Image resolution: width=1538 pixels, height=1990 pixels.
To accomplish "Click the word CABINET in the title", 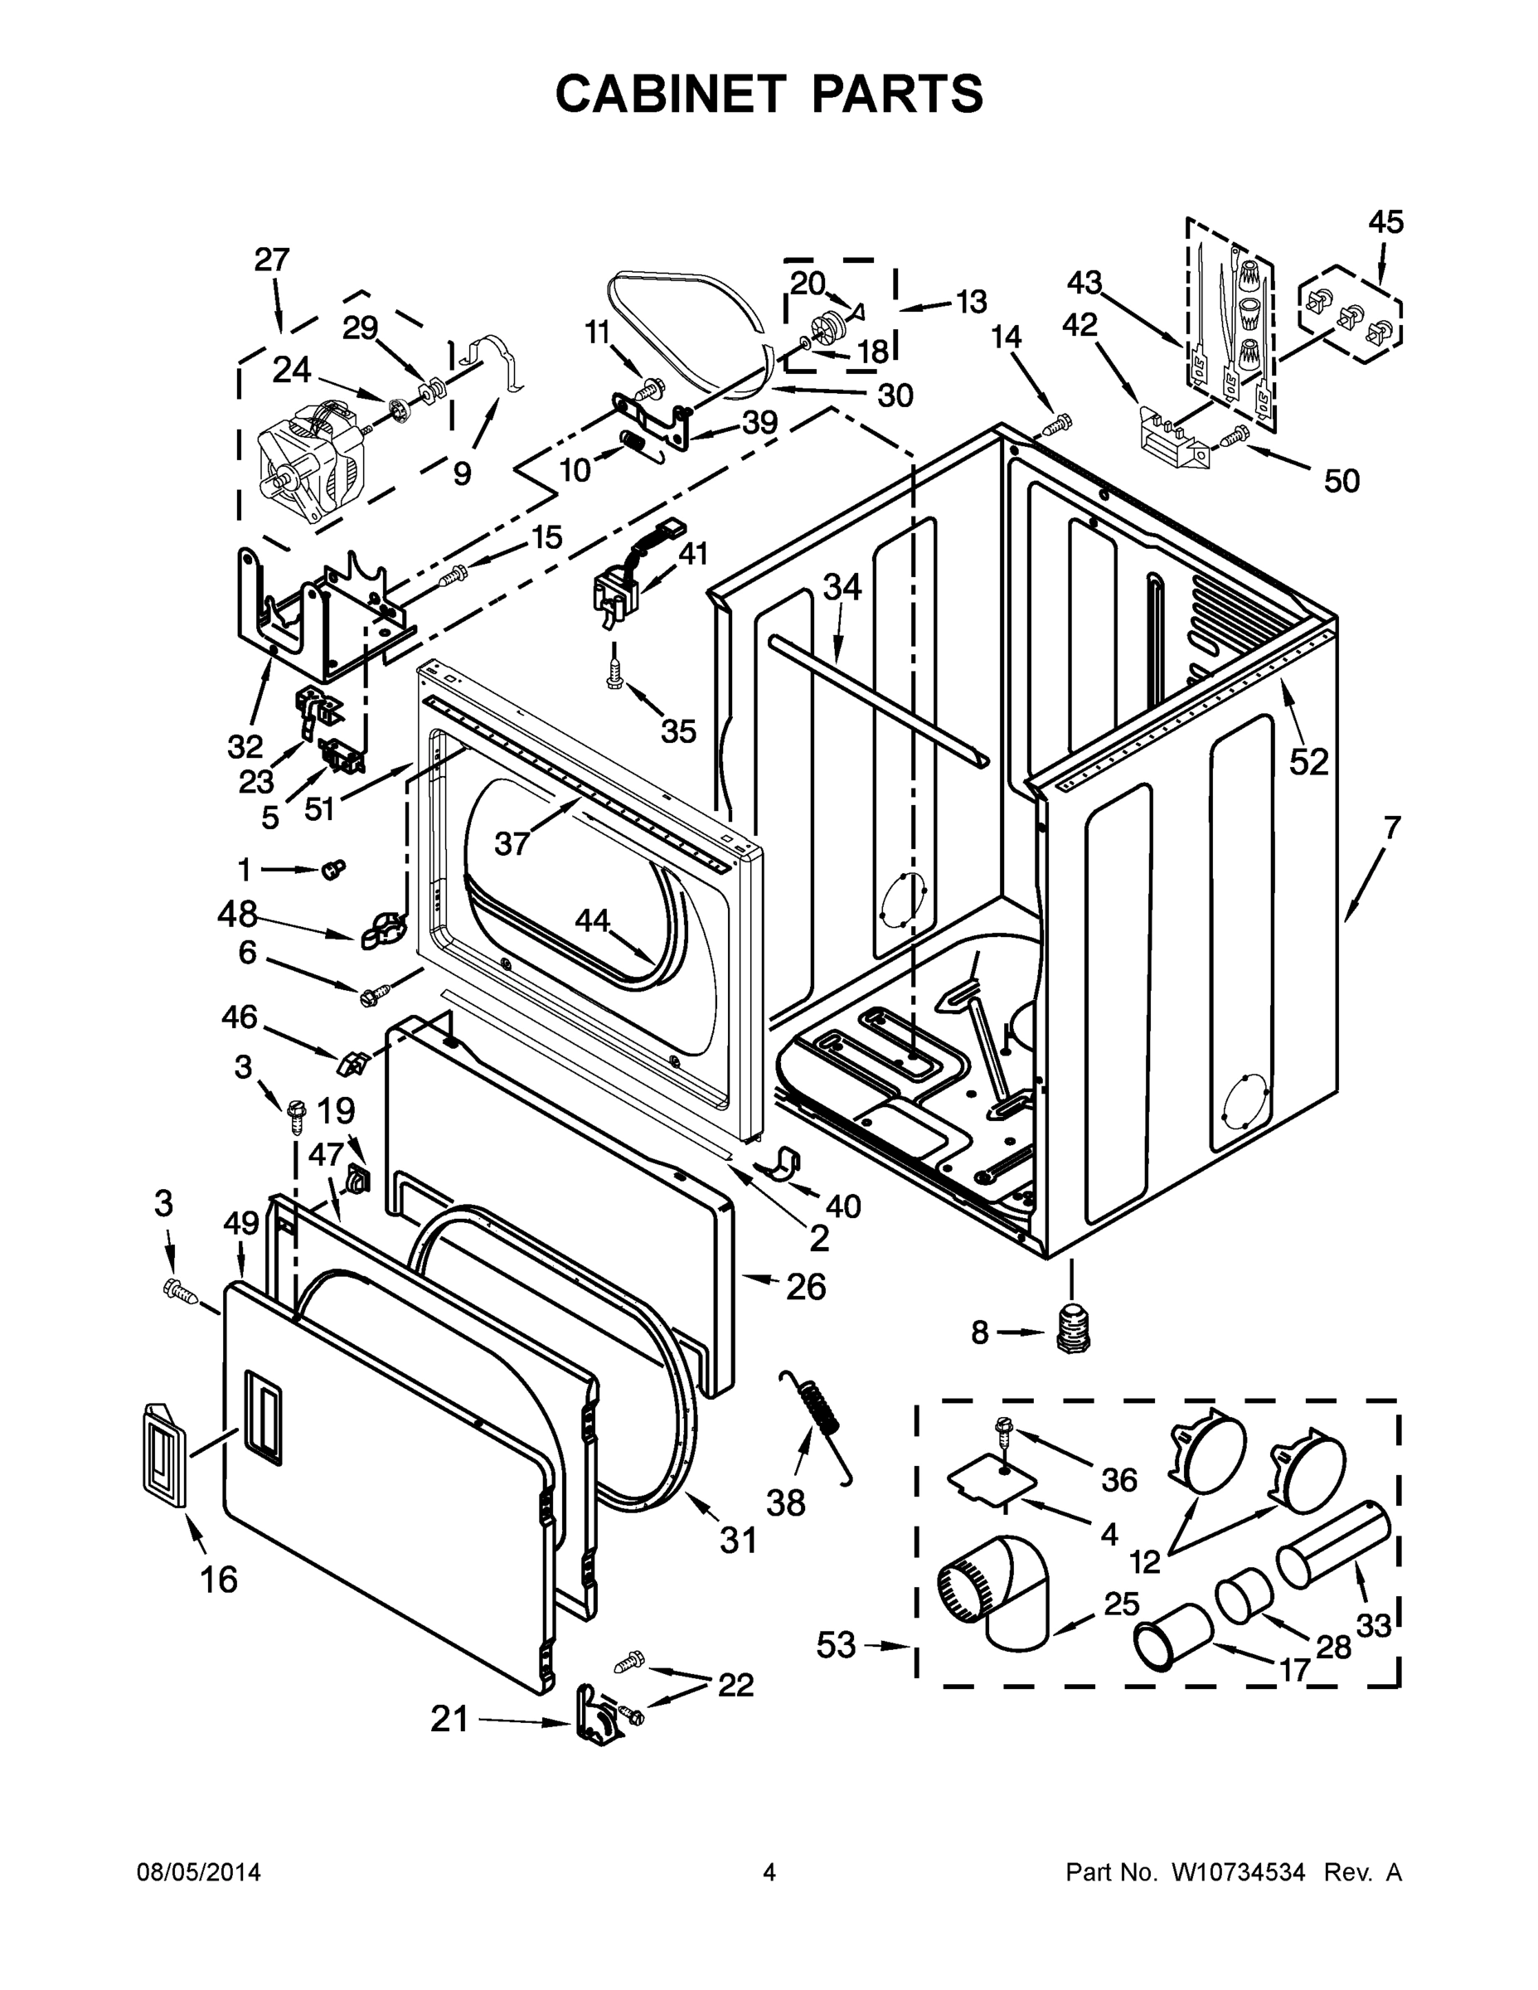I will click(670, 94).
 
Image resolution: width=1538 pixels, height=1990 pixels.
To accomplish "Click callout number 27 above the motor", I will click(271, 260).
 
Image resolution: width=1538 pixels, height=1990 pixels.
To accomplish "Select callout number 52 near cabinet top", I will click(1308, 761).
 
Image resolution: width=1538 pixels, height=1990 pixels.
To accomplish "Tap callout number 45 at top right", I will click(1385, 222).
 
